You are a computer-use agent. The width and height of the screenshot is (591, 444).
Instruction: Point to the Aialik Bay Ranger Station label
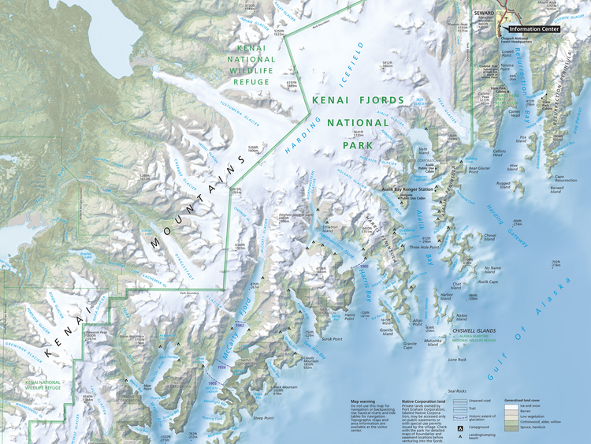[409, 190]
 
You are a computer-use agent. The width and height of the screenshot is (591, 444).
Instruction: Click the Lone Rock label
[457, 360]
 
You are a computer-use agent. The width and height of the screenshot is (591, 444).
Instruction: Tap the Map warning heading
[364, 401]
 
